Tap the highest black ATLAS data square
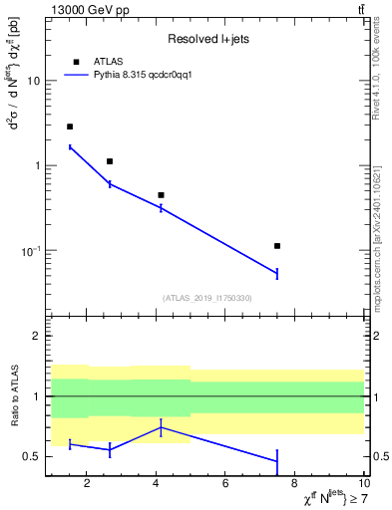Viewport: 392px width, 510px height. (70, 127)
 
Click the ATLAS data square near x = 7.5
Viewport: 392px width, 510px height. (277, 245)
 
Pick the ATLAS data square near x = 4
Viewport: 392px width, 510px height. (161, 195)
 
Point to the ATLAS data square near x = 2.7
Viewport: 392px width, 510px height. (110, 161)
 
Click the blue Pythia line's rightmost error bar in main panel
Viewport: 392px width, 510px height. (277, 273)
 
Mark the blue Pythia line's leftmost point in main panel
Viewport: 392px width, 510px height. (70, 147)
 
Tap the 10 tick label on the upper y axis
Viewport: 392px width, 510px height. (33, 81)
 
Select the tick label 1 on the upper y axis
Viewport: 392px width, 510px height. (36, 165)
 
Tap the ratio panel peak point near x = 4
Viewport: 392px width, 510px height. (161, 427)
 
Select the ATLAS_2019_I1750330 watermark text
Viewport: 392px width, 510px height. (207, 298)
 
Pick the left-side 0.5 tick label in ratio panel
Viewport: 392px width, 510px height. (32, 457)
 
